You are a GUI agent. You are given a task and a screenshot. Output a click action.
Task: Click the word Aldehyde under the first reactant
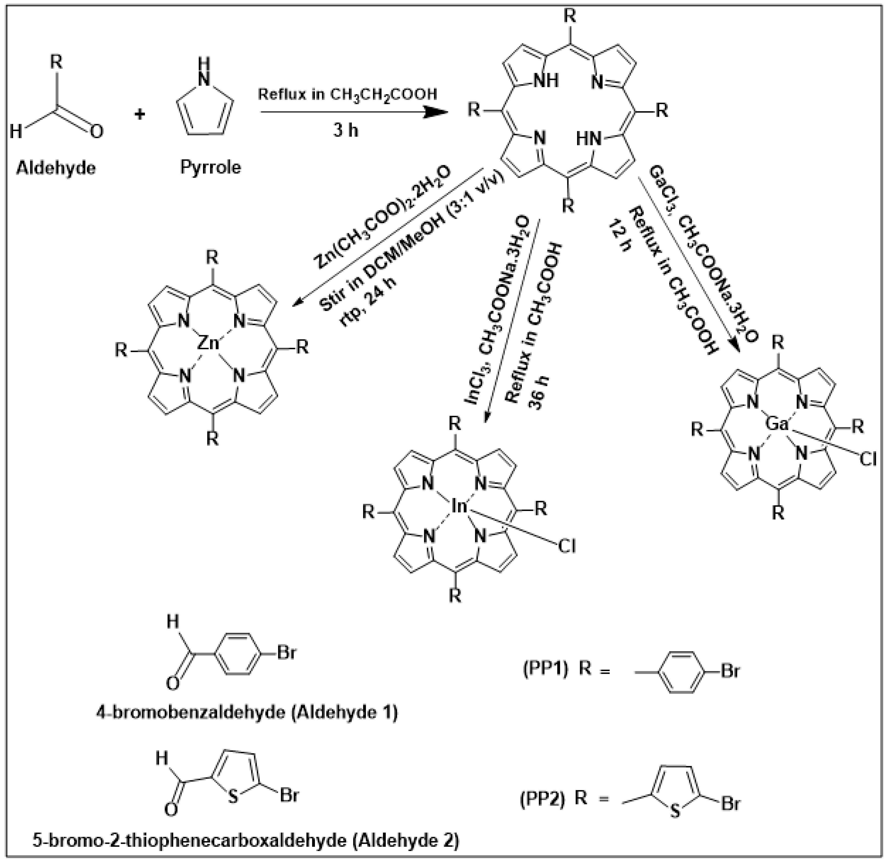coord(56,168)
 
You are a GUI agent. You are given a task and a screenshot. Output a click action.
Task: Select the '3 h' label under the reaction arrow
coord(345,130)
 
